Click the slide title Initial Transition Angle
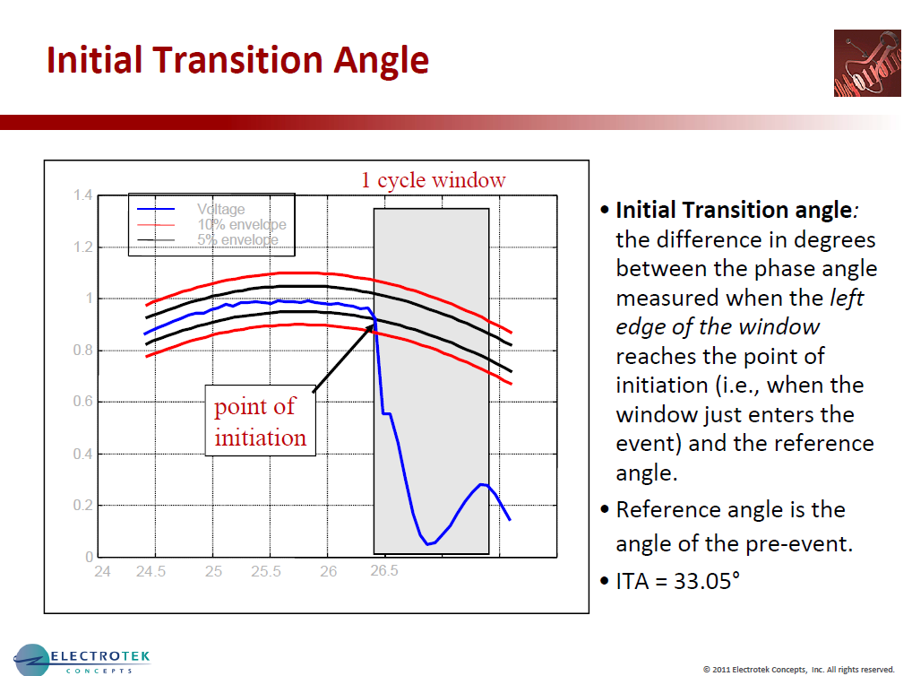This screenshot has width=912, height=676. [237, 60]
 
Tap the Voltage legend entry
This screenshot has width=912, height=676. [220, 210]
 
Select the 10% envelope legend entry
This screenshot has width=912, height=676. [241, 224]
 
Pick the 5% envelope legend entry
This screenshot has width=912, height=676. [237, 239]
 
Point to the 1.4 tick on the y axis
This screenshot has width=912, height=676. [82, 195]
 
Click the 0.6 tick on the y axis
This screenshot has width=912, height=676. [82, 402]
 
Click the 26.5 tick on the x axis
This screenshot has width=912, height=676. [384, 572]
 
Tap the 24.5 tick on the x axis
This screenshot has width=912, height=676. [151, 572]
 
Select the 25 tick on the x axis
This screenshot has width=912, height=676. [213, 572]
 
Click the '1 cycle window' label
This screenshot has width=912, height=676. [433, 180]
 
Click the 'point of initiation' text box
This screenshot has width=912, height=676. [261, 421]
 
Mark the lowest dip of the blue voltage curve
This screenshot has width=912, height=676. [430, 543]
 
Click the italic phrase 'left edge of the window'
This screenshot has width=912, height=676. [739, 313]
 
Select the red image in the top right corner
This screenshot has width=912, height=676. [865, 64]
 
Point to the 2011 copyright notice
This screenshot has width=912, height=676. [798, 669]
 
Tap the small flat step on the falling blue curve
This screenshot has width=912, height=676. [387, 413]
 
